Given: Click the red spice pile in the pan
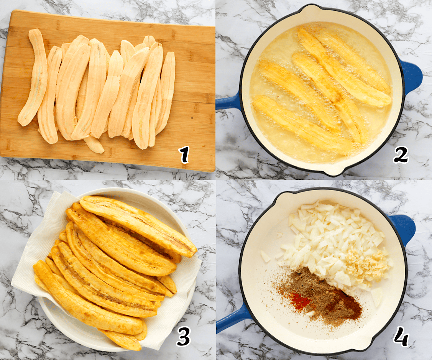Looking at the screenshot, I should click(300, 301).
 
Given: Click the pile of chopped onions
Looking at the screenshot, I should click(330, 242).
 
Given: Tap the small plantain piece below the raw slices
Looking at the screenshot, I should click(94, 145).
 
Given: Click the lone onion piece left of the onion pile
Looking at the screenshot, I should click(265, 256).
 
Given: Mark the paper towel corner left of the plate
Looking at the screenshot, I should click(17, 284).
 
